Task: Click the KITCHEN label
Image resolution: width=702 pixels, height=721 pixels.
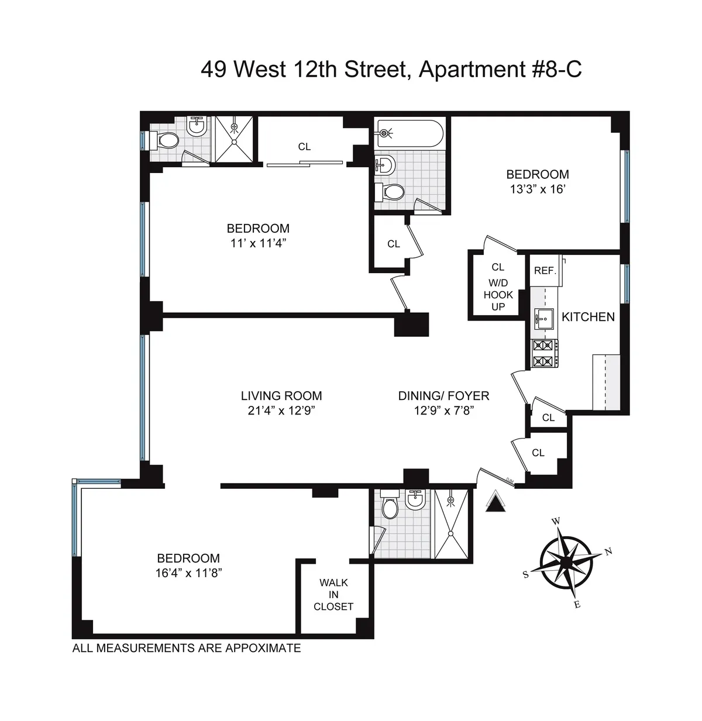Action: pos(588,317)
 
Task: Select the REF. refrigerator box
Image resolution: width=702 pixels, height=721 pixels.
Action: pos(545,271)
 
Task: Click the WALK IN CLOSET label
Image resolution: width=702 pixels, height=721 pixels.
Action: pos(333,595)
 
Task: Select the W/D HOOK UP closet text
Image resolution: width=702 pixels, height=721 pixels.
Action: pos(498,295)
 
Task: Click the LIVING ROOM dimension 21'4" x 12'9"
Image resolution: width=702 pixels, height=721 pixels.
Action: pos(281,410)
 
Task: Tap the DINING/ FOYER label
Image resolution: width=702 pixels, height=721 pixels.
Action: pos(443,396)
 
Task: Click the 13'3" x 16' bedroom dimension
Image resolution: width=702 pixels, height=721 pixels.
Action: pos(537,189)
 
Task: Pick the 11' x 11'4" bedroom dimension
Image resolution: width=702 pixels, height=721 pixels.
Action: pos(258,243)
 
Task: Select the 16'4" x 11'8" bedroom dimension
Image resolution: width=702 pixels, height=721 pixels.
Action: pos(188,574)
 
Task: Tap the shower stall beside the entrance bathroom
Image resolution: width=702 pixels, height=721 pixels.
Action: pos(451,525)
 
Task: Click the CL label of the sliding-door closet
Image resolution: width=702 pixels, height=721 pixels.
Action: pos(304,147)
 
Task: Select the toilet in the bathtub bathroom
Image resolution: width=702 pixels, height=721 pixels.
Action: pos(394,191)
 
